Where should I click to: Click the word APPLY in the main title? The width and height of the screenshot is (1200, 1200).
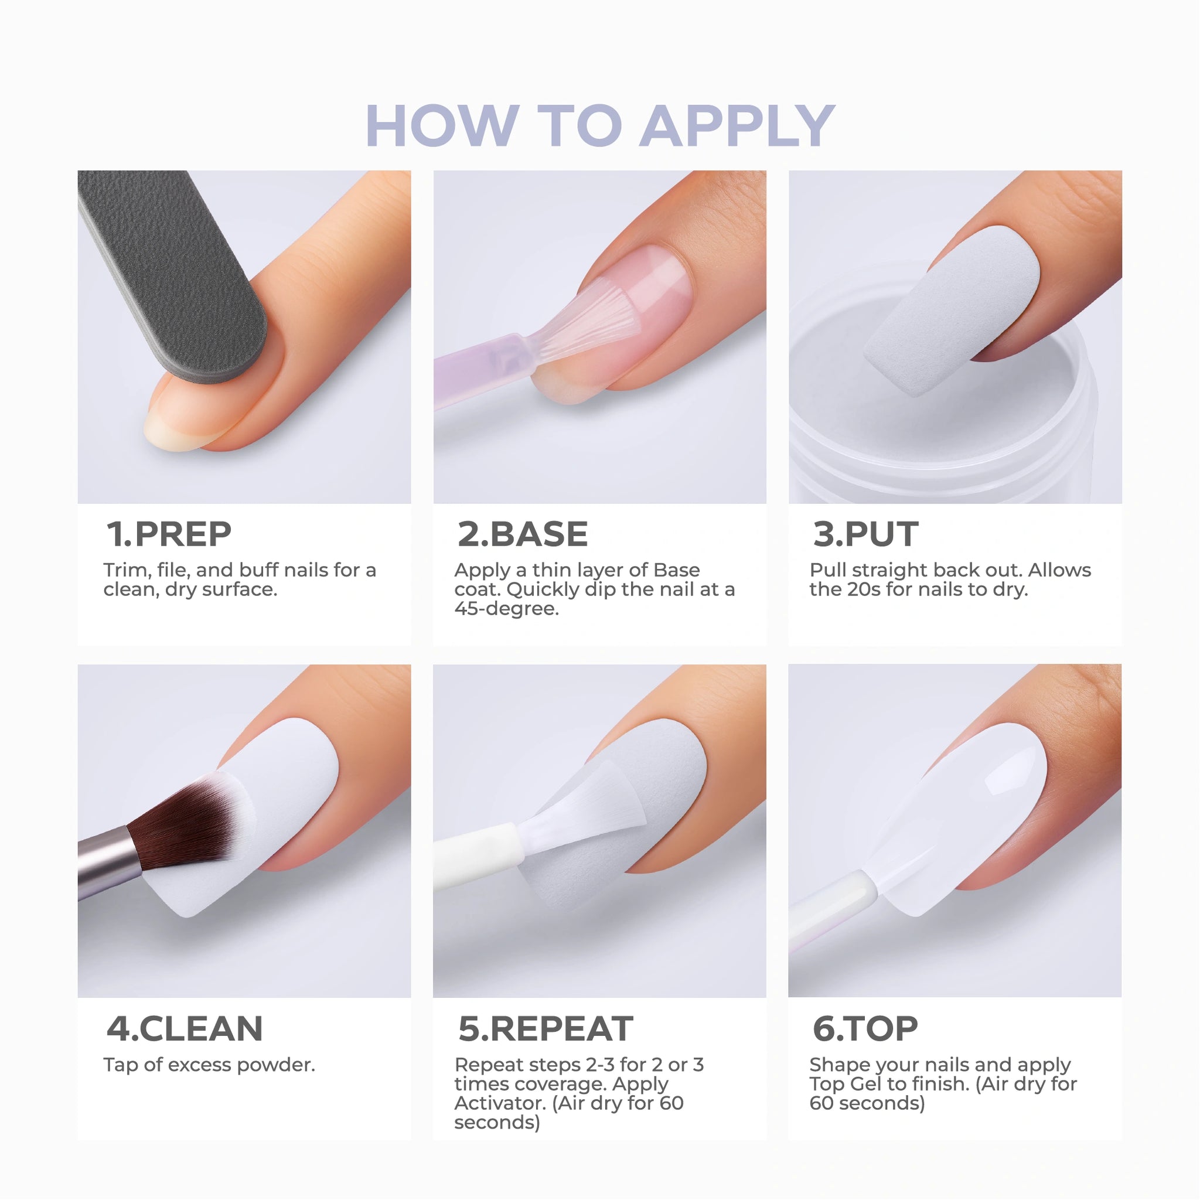pos(737,125)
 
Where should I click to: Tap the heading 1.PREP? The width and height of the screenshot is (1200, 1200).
pos(169,534)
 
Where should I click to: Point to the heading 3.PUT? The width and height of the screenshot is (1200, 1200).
pos(865,534)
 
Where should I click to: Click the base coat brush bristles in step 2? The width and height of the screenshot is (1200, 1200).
pos(584,323)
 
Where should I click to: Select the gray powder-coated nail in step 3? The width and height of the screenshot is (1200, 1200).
pos(950,311)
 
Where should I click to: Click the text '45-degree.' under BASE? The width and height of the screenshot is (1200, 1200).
pos(506,609)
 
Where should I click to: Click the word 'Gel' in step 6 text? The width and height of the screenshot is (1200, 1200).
pos(867,1084)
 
